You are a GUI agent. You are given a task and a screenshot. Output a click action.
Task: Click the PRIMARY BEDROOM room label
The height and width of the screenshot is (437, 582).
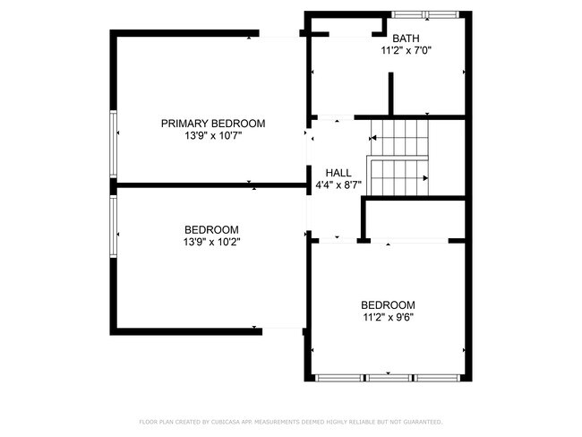pos(213,123)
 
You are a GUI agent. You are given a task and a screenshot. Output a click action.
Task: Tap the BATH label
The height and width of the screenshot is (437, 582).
pos(406,39)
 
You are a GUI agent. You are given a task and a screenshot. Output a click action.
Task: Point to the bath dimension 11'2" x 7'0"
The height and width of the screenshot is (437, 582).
pos(406,51)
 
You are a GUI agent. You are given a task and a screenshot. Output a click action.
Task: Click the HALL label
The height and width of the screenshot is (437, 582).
pos(338,173)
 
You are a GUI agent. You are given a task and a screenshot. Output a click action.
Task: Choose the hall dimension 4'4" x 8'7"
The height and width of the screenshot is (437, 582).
pos(338,185)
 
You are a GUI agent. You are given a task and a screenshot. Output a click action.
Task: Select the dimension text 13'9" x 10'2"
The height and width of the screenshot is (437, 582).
pos(211,241)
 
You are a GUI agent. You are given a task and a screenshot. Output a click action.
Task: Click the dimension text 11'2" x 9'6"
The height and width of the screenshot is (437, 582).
pos(388,316)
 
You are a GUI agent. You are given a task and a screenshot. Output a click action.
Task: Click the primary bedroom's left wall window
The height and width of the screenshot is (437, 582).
pos(112,143)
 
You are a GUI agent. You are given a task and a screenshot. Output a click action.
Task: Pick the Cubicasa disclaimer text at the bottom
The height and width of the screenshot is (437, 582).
pos(290,421)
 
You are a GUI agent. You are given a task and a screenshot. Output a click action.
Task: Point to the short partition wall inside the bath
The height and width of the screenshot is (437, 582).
pos(390,94)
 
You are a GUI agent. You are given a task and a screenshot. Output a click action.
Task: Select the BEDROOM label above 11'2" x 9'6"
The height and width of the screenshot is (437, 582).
pos(388,304)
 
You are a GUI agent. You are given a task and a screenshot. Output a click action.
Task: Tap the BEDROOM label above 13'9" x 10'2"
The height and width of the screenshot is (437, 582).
pos(211,228)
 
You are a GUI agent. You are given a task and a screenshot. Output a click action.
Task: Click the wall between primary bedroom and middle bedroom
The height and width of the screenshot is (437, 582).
pos(210,185)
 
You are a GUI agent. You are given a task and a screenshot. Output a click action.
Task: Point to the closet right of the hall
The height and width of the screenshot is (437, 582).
pos(414,219)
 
